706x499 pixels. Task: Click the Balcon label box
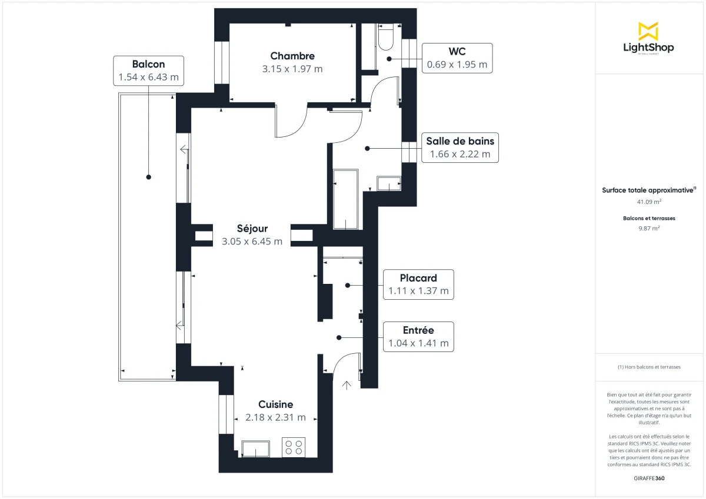point(148,71)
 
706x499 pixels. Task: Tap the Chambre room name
point(292,56)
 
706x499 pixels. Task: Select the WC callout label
point(457,58)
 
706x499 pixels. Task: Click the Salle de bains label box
point(460,148)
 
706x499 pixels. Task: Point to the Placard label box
point(418,284)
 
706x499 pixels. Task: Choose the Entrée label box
point(418,337)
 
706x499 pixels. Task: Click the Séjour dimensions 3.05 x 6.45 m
point(252,241)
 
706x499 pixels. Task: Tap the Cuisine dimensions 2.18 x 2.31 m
point(275,417)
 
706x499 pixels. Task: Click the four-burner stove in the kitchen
point(294,447)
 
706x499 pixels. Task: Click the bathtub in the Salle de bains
point(345,200)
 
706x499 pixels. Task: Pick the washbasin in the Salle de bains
point(388,184)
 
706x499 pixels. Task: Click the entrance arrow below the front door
point(347,386)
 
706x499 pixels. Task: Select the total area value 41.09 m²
point(648,202)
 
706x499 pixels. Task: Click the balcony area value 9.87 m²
point(648,229)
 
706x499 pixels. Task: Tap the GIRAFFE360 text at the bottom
point(648,478)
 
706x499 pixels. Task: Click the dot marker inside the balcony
point(148,176)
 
